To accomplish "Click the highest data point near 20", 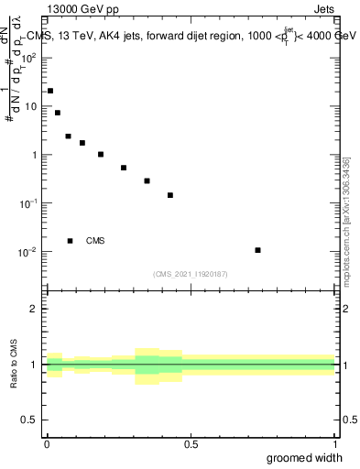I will click(x=50, y=91).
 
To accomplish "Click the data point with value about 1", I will click(x=101, y=154).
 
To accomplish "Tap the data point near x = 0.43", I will click(x=170, y=195).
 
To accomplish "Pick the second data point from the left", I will click(x=58, y=113).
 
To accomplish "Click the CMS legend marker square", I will click(x=71, y=241).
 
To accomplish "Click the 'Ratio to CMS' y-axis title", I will click(x=15, y=365).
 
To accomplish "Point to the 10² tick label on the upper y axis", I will click(x=29, y=57).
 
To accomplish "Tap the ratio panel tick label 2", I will click(x=34, y=309).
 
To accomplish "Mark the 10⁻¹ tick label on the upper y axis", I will click(x=29, y=203).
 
